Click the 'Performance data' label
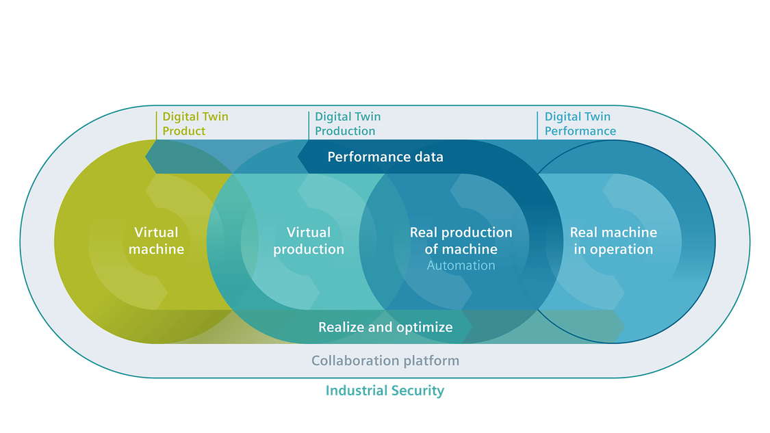tap(385, 157)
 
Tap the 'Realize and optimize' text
tap(385, 328)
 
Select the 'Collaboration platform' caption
tap(385, 361)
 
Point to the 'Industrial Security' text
tap(385, 391)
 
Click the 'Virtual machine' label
tap(156, 241)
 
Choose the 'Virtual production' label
tap(309, 241)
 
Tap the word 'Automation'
tap(461, 265)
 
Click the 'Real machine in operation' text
tap(613, 241)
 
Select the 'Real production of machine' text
tap(461, 241)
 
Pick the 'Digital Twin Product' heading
tap(196, 124)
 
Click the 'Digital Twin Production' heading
tap(348, 124)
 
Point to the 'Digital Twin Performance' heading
tap(580, 124)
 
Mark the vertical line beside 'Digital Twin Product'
tap(156, 126)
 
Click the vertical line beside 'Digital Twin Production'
tap(309, 126)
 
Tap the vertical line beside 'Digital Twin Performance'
tap(537, 126)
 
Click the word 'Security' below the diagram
tap(418, 391)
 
